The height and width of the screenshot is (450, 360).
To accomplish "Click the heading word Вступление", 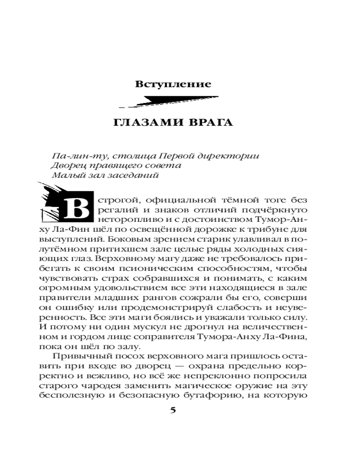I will tap(173, 84).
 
